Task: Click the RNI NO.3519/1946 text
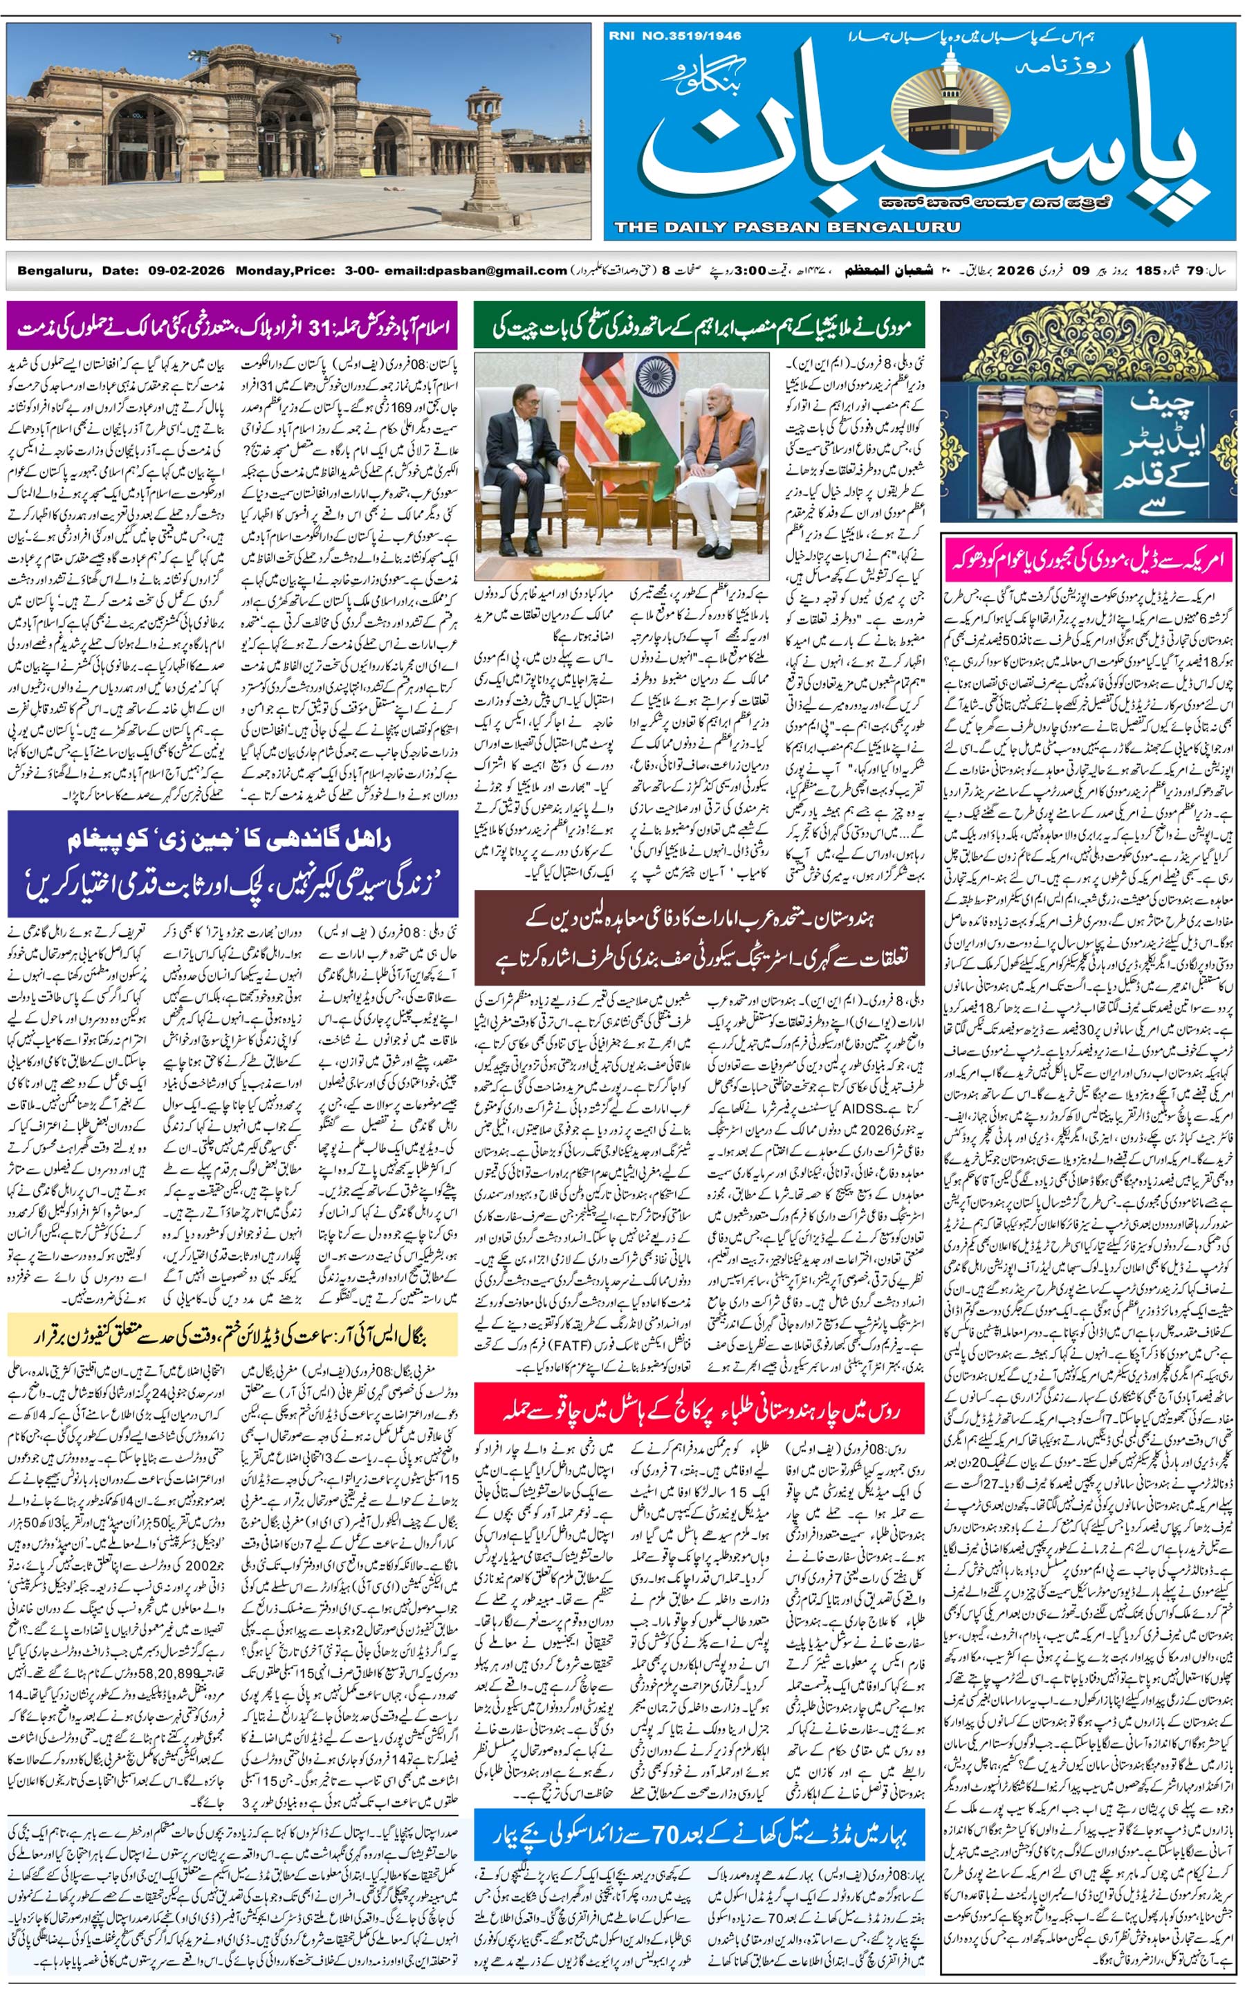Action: point(674,35)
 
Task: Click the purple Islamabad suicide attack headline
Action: point(233,328)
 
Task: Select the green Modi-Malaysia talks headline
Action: point(699,328)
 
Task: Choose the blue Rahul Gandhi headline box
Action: point(233,864)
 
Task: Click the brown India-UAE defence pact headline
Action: point(699,936)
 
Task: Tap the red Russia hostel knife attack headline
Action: point(699,1409)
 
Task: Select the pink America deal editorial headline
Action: point(1088,560)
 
